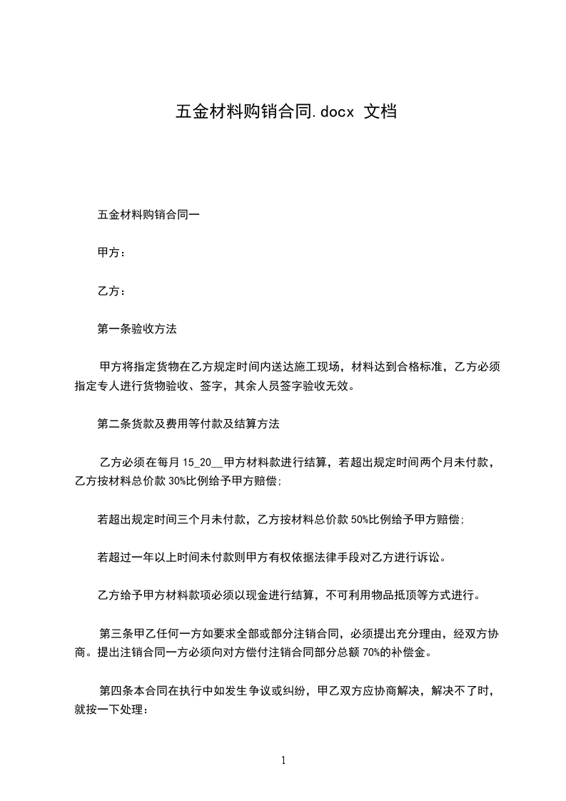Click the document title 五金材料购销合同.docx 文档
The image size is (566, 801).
285,112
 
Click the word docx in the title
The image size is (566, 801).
333,113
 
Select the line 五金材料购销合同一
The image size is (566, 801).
148,214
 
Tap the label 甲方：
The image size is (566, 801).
112,253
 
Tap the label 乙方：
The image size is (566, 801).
112,291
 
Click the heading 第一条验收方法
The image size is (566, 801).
137,329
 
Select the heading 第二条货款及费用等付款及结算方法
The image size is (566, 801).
188,424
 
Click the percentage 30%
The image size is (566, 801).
178,481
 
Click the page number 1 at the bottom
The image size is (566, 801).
283,760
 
